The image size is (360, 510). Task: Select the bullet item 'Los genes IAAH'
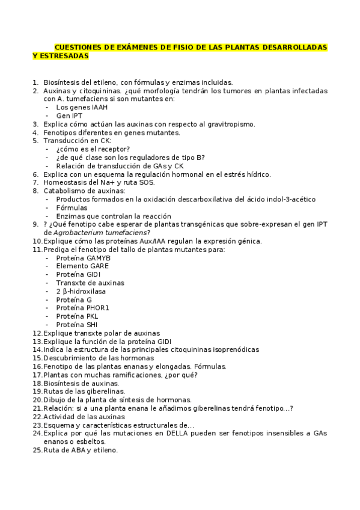82,107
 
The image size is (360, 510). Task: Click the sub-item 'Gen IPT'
70,115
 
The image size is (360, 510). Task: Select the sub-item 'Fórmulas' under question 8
72,207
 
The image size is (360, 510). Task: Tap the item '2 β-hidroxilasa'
81,291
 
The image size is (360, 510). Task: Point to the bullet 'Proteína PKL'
77,316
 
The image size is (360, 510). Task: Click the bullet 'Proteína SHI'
76,324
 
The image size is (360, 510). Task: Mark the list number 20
37,399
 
